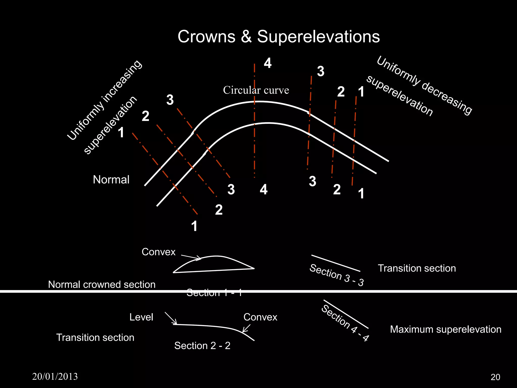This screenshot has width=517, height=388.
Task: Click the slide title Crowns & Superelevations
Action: (x=278, y=37)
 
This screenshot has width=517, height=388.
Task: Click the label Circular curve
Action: (x=256, y=90)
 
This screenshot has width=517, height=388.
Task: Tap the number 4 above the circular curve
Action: (x=268, y=63)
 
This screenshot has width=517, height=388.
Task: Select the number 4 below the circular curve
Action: (x=264, y=189)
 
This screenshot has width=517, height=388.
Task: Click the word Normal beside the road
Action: (x=111, y=180)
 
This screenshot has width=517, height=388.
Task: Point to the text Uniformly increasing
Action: (x=105, y=100)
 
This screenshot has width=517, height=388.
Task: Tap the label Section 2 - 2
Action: (x=202, y=346)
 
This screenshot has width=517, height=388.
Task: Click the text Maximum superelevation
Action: (x=446, y=329)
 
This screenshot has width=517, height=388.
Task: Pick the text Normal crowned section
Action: (x=102, y=285)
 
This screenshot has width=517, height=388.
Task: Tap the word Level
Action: (x=141, y=317)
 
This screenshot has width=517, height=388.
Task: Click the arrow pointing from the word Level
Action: (x=171, y=319)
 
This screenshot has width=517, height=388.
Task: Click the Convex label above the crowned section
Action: (x=159, y=252)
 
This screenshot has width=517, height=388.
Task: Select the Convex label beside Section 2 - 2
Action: (x=260, y=317)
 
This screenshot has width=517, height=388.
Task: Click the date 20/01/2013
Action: (x=55, y=377)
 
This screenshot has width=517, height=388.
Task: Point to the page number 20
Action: (x=495, y=377)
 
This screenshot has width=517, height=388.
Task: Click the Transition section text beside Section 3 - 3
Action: (x=417, y=268)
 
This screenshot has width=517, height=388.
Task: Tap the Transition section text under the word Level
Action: (x=95, y=338)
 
